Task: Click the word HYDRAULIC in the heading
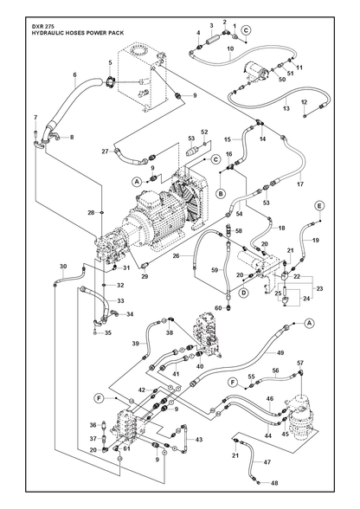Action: click(x=44, y=33)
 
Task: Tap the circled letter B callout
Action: click(x=221, y=194)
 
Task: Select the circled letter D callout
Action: click(x=244, y=293)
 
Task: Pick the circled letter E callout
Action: click(x=319, y=206)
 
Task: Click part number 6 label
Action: click(x=74, y=74)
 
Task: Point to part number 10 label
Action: click(x=230, y=48)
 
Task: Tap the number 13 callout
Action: click(x=286, y=109)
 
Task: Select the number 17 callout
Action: click(x=300, y=184)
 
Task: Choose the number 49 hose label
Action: click(x=280, y=352)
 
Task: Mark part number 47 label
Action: click(x=267, y=462)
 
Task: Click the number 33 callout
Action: click(x=121, y=301)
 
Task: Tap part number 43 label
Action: click(x=199, y=440)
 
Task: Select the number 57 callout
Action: click(x=300, y=363)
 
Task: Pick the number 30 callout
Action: click(x=64, y=267)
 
